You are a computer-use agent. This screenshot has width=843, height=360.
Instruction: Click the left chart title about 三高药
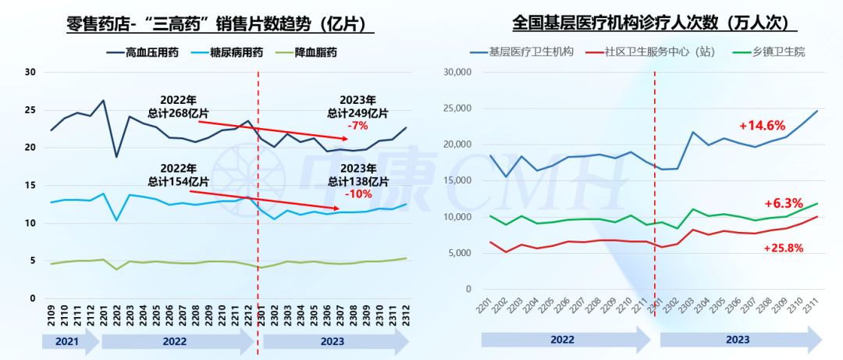pyautogui.click(x=221, y=24)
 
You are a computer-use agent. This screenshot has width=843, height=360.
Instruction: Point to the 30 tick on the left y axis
pyautogui.click(x=31, y=73)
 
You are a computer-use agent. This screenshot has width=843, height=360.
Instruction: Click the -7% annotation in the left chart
pyautogui.click(x=359, y=125)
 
